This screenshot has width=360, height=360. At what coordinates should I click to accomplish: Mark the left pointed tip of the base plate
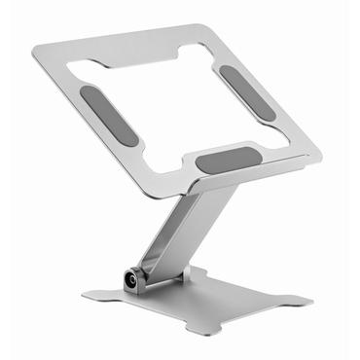[84, 293]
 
